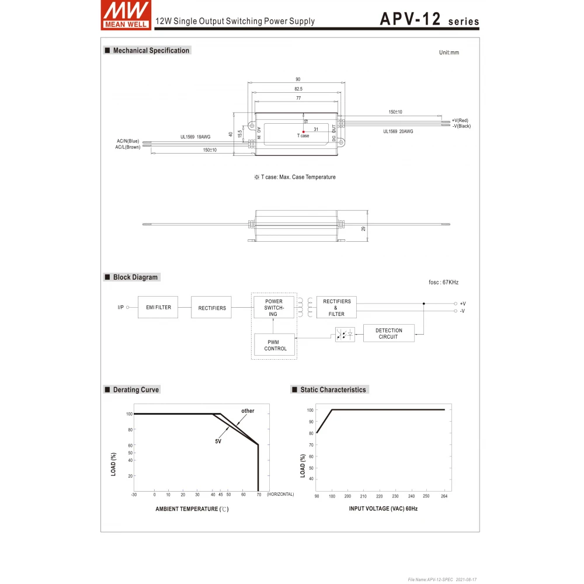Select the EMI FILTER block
(158, 307)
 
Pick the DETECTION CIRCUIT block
(388, 333)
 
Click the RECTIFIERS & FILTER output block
(336, 307)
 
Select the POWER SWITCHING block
(274, 308)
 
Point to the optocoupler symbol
(345, 335)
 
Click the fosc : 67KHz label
(443, 282)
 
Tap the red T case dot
(304, 131)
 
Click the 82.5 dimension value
(298, 89)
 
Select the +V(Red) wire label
(460, 120)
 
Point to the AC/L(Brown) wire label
(127, 147)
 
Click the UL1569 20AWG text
(398, 131)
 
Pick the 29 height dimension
(363, 228)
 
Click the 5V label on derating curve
(218, 442)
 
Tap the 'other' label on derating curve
(248, 411)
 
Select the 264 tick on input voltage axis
(444, 496)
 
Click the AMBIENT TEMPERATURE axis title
(192, 509)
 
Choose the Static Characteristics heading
(333, 390)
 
